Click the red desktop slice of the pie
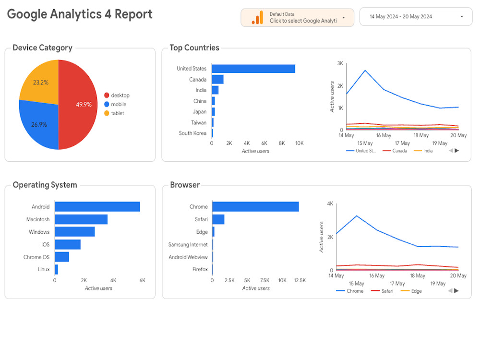coord(78,104)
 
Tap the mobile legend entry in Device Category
coord(115,104)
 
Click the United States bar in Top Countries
coord(253,69)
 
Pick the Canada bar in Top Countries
coord(217,80)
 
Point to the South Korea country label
coord(192,133)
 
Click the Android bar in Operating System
coord(97,206)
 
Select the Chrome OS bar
coord(62,257)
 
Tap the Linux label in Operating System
coord(44,269)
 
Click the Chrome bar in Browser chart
coord(255,206)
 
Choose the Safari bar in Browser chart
coord(218,219)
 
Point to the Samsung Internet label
coord(188,245)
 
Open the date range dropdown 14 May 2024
coord(416,16)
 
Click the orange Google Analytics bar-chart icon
coord(257,17)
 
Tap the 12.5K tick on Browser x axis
coord(300,280)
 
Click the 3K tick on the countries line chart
coord(340,63)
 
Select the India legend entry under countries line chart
coord(423,151)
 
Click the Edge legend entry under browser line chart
coord(411,291)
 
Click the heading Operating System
coord(45,185)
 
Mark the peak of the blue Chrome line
coord(357,216)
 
